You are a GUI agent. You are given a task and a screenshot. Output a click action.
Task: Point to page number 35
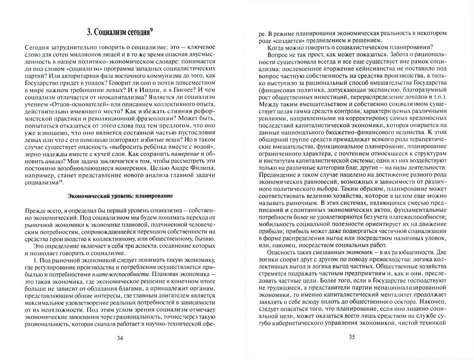351,338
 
